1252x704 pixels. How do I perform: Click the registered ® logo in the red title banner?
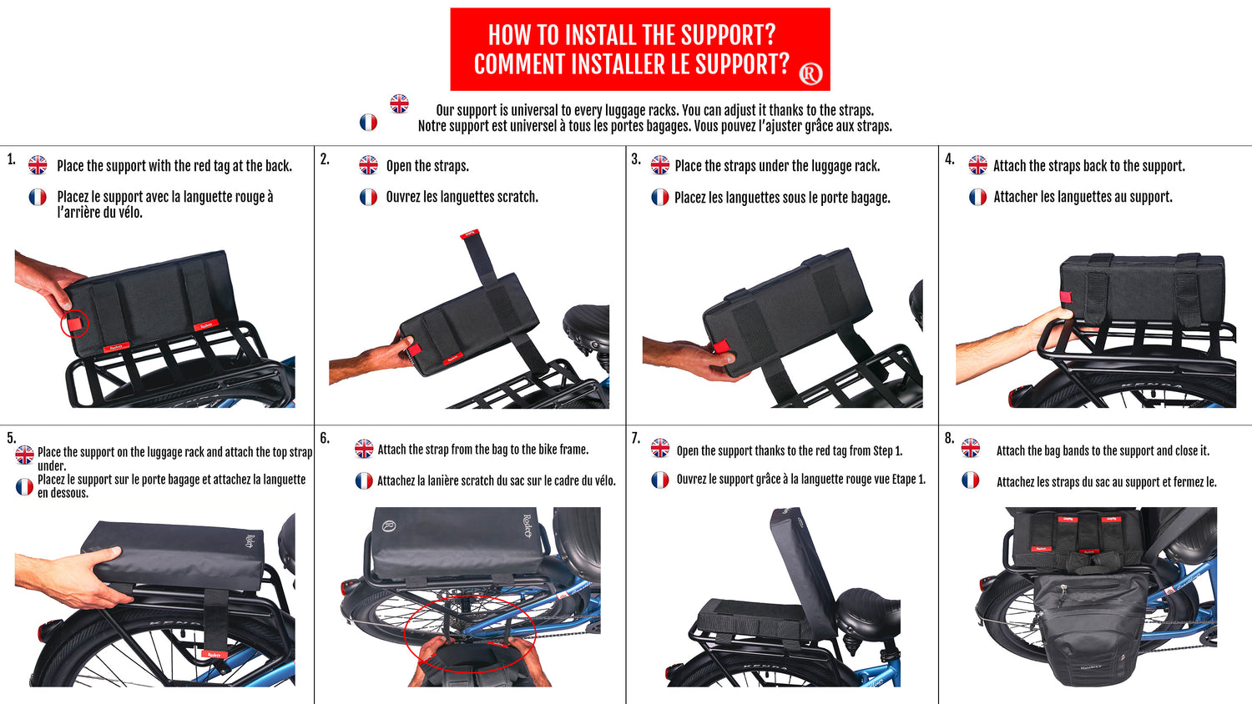coord(810,73)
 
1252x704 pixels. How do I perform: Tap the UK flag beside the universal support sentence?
coord(399,104)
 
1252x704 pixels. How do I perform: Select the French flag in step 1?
coord(38,197)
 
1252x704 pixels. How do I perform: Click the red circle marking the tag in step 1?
coord(74,324)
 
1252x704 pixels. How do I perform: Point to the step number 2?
coord(325,159)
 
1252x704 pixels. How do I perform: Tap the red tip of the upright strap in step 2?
coord(469,233)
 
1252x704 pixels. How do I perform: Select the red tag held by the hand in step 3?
coord(721,347)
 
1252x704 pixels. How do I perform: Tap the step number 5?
coord(12,438)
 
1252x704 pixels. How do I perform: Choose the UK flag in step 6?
coord(364,450)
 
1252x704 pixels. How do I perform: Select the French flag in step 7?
coord(660,480)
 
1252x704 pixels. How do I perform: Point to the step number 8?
coord(950,438)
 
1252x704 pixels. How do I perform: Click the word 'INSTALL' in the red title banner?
coord(603,35)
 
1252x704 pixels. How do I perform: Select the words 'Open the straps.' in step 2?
coord(427,166)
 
